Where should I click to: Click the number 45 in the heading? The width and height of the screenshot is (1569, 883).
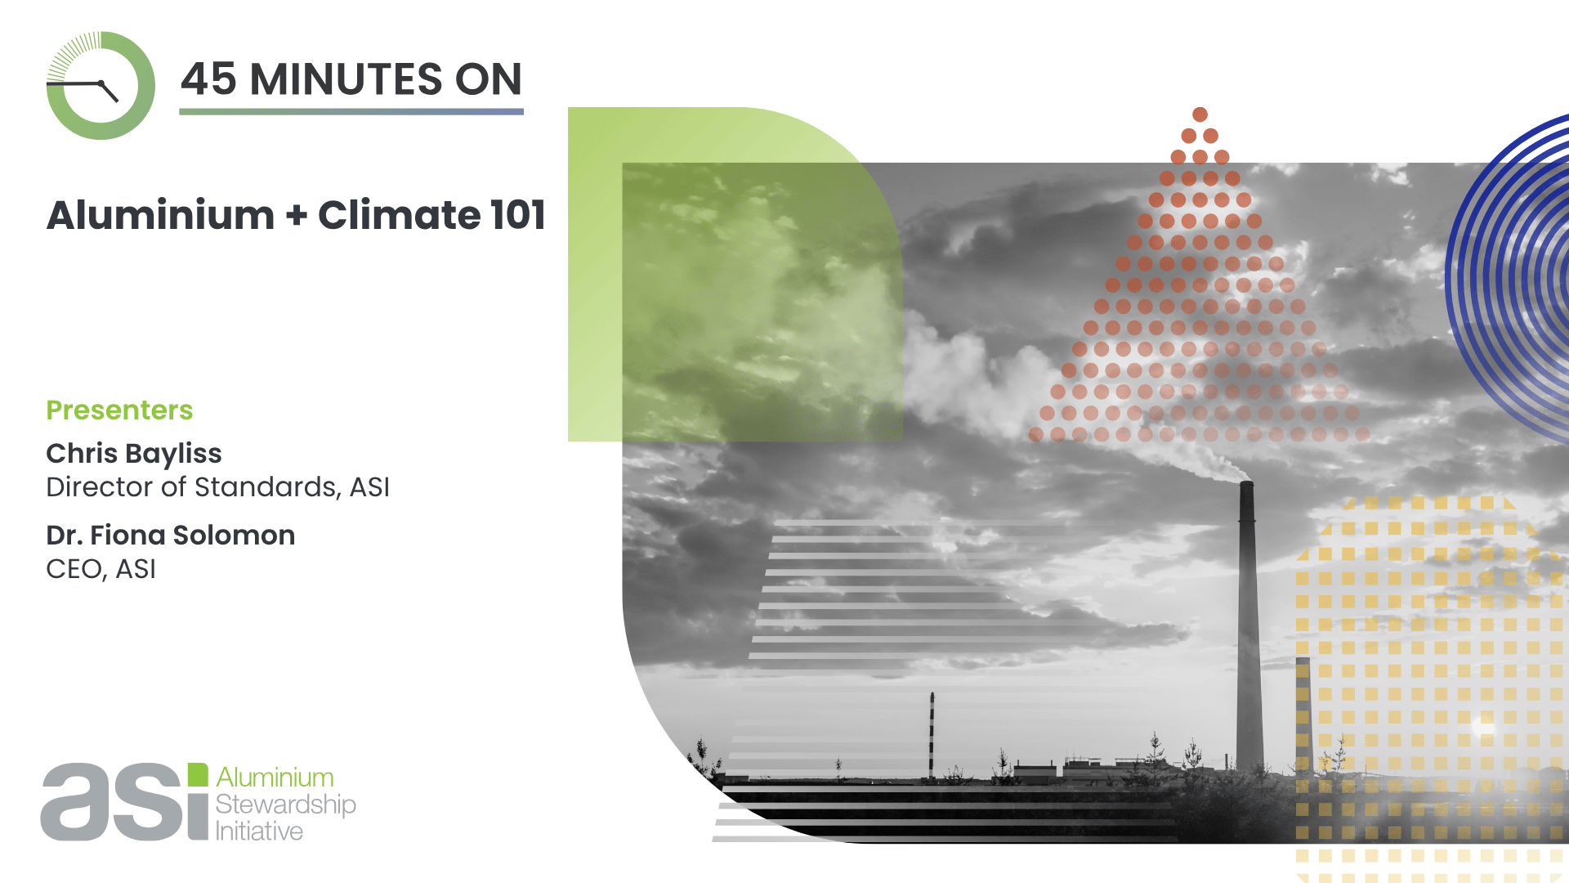tap(209, 79)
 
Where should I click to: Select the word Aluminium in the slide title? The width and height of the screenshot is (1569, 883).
tap(160, 215)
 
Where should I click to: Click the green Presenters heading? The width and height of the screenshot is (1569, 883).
tap(119, 410)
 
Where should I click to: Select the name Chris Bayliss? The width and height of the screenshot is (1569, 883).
tap(134, 454)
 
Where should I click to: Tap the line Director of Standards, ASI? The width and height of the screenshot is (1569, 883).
tap(218, 487)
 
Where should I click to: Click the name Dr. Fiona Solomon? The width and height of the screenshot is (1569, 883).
tap(171, 535)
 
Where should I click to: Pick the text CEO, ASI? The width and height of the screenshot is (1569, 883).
tap(101, 569)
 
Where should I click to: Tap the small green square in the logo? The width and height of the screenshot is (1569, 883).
tap(198, 774)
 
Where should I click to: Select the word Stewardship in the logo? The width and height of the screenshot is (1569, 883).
tap(285, 805)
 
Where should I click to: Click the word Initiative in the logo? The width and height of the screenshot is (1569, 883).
tap(259, 831)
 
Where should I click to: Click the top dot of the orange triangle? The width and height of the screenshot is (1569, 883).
tap(1200, 114)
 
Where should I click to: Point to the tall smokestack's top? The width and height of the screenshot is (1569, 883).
tap(1246, 484)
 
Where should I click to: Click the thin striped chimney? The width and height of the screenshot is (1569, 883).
tap(932, 736)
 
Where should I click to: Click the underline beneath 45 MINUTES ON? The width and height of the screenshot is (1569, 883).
tap(351, 112)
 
